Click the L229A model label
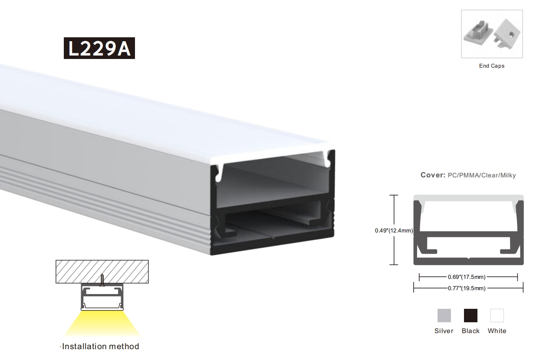pos(99,48)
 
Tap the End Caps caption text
pos(492,66)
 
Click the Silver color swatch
pos(444,315)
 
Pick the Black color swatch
pos(470,315)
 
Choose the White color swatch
pos(497,315)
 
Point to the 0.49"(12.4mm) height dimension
pos(394,230)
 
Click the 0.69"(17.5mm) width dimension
pos(466,277)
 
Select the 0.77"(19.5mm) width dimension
pos(466,288)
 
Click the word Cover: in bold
pos(433,175)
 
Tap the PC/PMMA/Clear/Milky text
pos(482,175)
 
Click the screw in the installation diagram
pos(102,280)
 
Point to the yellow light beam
pos(102,324)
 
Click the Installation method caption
pos(100,346)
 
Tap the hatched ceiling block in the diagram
pos(102,272)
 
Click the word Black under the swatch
pos(470,331)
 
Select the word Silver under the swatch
pos(444,331)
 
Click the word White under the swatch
pos(497,331)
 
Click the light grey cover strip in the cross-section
pos(468,198)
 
